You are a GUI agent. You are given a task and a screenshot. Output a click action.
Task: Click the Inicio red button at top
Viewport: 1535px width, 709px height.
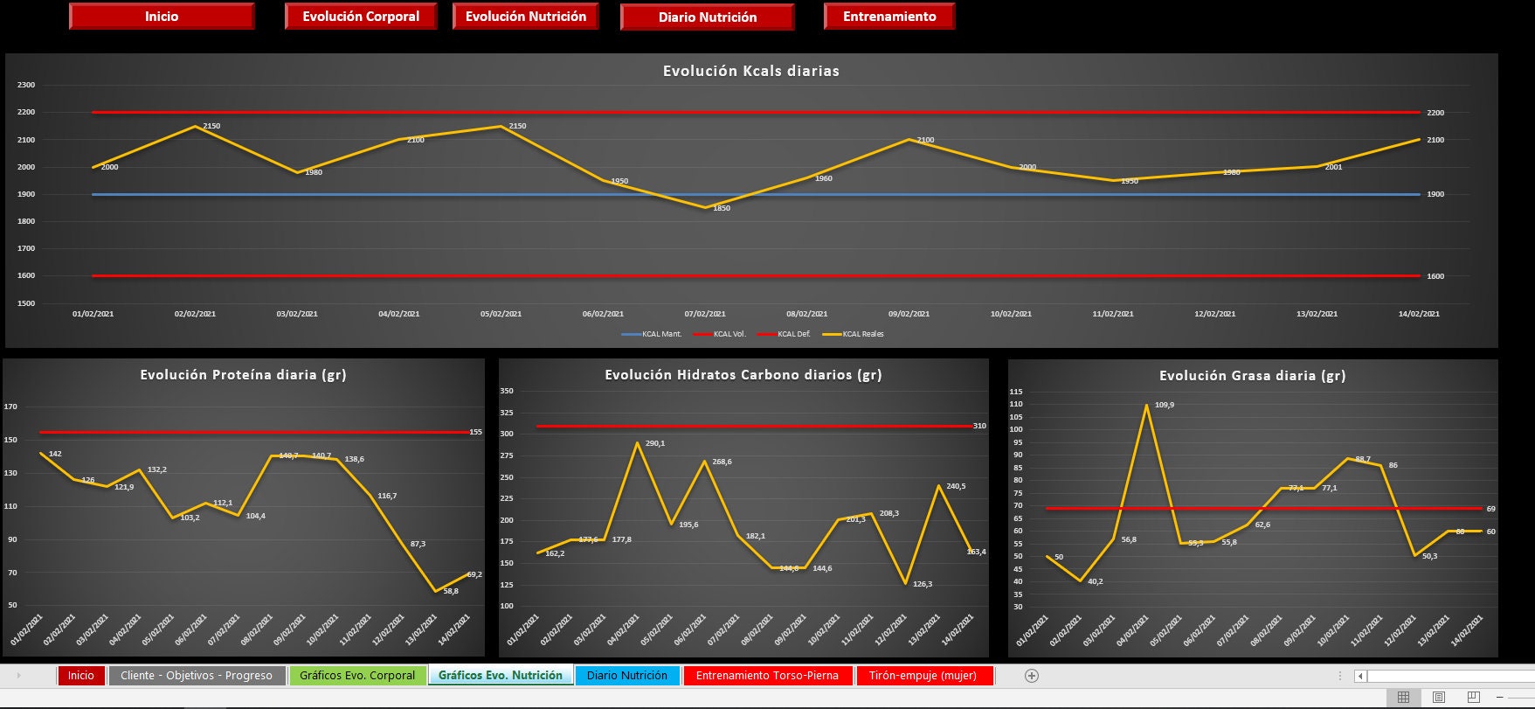point(162,17)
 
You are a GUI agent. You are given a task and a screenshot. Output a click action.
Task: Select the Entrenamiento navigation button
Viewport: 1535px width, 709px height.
point(889,17)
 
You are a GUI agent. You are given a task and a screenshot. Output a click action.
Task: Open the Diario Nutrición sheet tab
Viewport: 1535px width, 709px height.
point(626,676)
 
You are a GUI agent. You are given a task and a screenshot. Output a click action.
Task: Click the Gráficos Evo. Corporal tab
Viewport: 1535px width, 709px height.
point(357,676)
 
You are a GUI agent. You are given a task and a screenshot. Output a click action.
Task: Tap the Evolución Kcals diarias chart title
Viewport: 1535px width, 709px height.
point(750,72)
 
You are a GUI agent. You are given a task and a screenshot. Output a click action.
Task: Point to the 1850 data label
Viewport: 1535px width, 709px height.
point(720,208)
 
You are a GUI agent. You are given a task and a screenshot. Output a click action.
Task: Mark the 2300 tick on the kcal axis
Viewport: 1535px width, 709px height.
point(26,85)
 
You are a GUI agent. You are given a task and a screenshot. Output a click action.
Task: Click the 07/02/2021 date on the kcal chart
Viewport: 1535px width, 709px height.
point(704,314)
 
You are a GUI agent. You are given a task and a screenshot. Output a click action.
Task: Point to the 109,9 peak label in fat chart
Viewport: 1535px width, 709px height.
point(1165,405)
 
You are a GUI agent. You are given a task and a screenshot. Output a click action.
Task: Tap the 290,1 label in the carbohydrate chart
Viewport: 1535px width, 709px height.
point(654,443)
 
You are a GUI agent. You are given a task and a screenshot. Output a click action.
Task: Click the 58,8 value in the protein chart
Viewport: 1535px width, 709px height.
point(451,591)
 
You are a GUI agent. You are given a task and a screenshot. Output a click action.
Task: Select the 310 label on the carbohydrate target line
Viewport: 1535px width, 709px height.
point(979,426)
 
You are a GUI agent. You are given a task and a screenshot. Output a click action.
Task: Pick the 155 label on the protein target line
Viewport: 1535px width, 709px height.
point(475,432)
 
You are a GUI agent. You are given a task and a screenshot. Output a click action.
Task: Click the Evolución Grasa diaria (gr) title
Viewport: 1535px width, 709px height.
point(1252,376)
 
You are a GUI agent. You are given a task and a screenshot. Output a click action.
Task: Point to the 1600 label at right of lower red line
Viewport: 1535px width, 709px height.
point(1435,276)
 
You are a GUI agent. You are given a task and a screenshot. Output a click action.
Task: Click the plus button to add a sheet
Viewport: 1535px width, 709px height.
point(1031,676)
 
